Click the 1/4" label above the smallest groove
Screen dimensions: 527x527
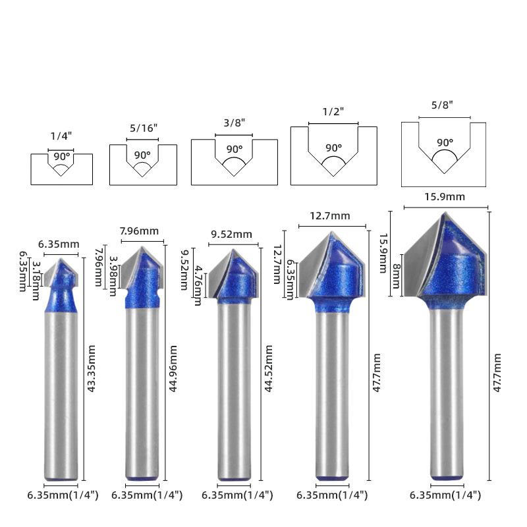click(x=61, y=136)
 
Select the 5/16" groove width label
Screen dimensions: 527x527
click(x=144, y=128)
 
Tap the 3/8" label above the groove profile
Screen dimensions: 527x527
click(x=235, y=123)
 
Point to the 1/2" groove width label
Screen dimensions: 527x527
click(x=333, y=111)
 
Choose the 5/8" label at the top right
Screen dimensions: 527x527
click(x=442, y=105)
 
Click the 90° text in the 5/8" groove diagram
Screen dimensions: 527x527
click(x=445, y=142)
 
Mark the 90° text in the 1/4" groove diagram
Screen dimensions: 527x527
click(x=62, y=156)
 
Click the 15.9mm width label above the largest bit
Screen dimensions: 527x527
click(x=444, y=196)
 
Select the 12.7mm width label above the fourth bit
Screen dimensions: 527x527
click(x=330, y=216)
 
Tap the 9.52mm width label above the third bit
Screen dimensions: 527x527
click(x=232, y=235)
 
